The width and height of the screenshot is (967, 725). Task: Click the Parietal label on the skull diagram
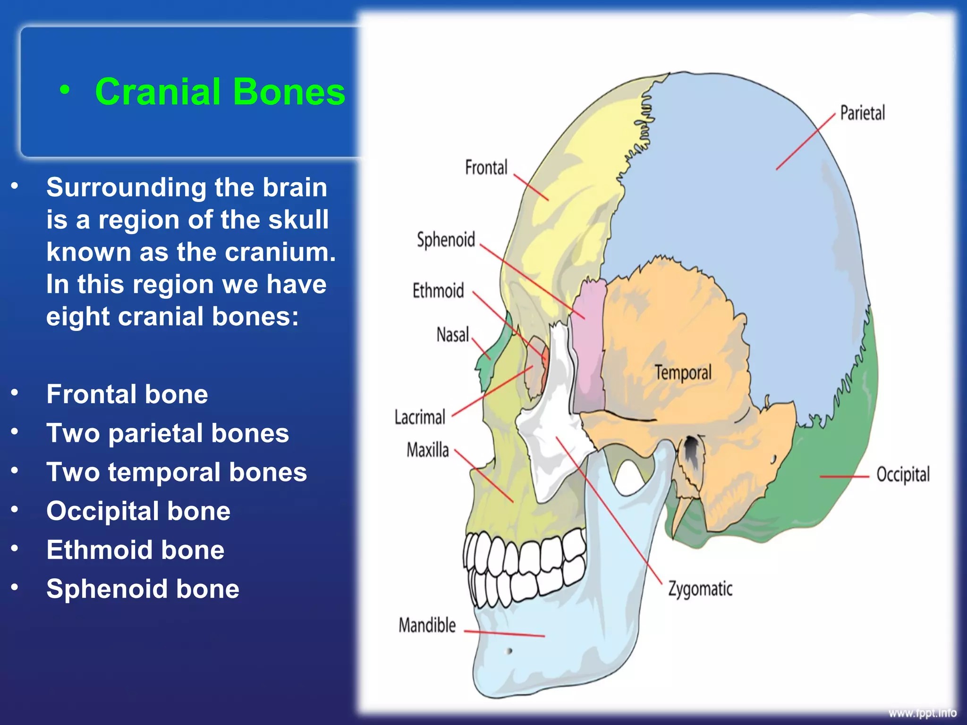pyautogui.click(x=862, y=114)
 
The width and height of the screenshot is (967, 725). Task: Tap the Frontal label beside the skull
pyautogui.click(x=486, y=168)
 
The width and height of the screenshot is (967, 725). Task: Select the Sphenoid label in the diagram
pyautogui.click(x=446, y=240)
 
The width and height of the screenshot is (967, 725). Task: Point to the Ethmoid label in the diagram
pyautogui.click(x=438, y=291)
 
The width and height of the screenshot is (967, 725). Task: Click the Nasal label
pyautogui.click(x=452, y=335)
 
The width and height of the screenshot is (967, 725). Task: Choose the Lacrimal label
pyautogui.click(x=420, y=417)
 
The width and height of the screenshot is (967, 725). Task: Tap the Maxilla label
pyautogui.click(x=428, y=450)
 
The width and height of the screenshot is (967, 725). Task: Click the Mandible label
pyautogui.click(x=427, y=625)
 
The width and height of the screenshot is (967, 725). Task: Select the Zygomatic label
pyautogui.click(x=700, y=589)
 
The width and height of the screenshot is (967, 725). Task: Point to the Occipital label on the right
pyautogui.click(x=903, y=474)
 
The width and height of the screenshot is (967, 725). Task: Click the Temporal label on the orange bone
pyautogui.click(x=683, y=372)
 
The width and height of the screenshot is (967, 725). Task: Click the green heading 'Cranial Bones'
pyautogui.click(x=220, y=92)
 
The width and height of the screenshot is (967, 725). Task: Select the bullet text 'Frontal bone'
pyautogui.click(x=127, y=394)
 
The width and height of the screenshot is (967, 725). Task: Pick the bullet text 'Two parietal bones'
pyautogui.click(x=168, y=433)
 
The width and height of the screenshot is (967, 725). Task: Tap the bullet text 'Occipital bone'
pyautogui.click(x=138, y=511)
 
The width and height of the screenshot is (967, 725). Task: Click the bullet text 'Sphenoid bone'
pyautogui.click(x=143, y=589)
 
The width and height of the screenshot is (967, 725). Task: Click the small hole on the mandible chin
pyautogui.click(x=509, y=651)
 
